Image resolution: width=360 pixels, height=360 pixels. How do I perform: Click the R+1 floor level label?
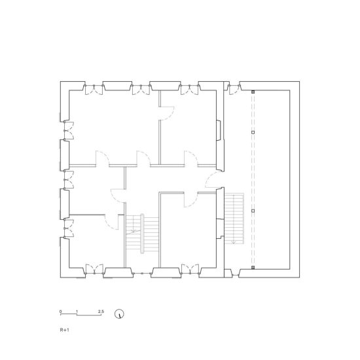click(x=64, y=330)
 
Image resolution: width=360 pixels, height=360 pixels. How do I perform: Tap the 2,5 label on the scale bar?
click(x=101, y=312)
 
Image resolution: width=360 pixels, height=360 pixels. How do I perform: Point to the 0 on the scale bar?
click(x=61, y=312)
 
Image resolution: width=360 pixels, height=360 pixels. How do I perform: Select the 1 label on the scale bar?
click(x=77, y=312)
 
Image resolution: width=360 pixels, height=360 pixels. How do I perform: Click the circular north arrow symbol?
click(x=119, y=314)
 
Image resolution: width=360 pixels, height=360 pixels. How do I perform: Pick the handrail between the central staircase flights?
click(x=142, y=234)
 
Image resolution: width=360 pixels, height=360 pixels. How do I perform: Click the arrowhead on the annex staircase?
click(x=234, y=242)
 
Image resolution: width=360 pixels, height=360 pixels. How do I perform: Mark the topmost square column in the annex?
click(x=253, y=92)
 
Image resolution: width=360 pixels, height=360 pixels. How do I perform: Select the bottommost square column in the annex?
click(x=253, y=268)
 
